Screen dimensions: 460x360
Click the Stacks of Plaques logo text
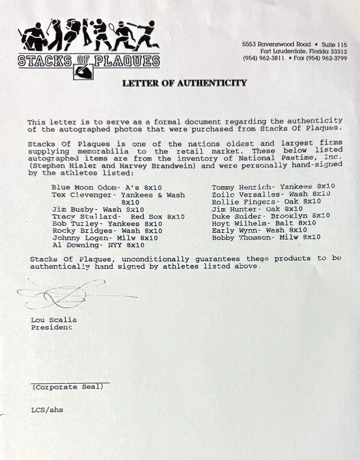coord(88,62)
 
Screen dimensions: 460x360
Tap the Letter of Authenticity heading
coord(184,83)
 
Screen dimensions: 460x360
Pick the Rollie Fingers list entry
coord(265,201)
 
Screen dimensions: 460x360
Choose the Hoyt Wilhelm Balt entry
coord(264,223)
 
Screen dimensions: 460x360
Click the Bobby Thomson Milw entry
coord(266,238)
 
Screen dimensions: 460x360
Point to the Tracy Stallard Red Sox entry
coord(118,216)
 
